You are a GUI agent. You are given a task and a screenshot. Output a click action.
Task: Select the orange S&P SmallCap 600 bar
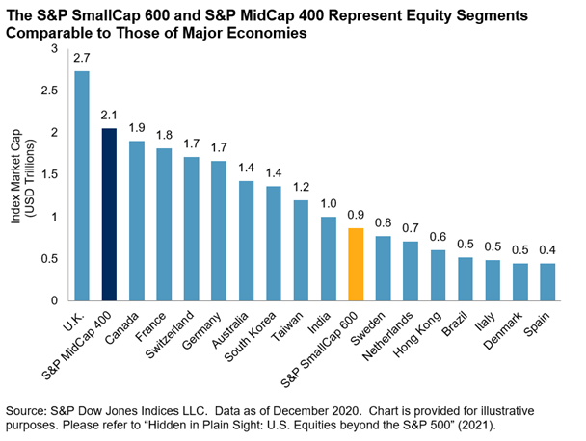click(x=356, y=264)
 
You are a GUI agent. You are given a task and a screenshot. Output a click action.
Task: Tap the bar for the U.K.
click(x=82, y=186)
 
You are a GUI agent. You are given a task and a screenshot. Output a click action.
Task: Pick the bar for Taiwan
click(x=301, y=249)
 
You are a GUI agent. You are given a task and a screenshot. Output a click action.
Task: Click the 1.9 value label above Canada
click(x=137, y=128)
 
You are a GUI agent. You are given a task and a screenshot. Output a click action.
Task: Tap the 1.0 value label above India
click(x=329, y=204)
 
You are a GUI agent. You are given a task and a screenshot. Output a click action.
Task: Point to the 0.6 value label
click(x=439, y=237)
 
